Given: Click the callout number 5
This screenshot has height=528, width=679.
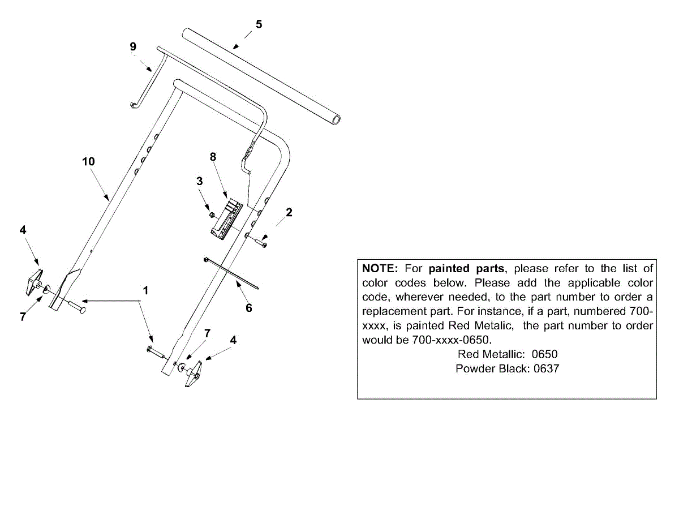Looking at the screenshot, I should [x=259, y=24].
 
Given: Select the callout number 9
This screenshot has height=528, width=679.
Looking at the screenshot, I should [x=133, y=46].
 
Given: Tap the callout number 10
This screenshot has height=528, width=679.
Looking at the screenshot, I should [x=88, y=161].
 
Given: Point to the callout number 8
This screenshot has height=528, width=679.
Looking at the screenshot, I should [x=213, y=157].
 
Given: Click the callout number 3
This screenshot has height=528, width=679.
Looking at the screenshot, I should [x=199, y=181].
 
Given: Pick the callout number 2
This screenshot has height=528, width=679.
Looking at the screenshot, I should [x=289, y=212].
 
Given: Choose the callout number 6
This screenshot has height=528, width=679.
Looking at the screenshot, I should [x=248, y=308].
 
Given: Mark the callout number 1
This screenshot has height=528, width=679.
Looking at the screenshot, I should [x=145, y=290].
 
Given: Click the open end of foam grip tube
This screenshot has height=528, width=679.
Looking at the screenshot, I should [x=337, y=119].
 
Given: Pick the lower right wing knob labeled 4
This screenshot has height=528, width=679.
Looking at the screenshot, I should [x=194, y=375].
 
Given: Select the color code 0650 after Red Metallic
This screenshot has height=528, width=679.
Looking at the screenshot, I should [x=541, y=355].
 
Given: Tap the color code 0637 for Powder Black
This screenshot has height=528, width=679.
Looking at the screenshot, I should [x=543, y=369].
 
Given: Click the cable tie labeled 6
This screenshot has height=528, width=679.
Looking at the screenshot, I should [x=232, y=273].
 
